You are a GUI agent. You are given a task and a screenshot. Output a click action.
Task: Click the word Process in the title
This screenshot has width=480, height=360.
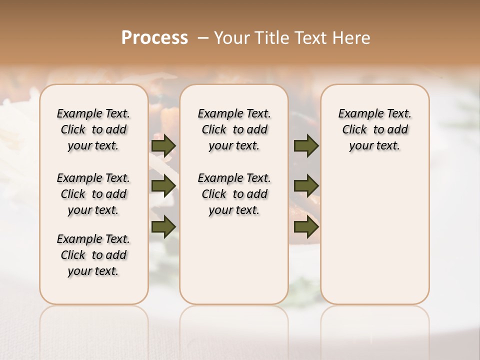pyautogui.click(x=154, y=38)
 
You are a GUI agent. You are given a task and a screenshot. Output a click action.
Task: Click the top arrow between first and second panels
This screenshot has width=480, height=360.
pyautogui.click(x=163, y=145)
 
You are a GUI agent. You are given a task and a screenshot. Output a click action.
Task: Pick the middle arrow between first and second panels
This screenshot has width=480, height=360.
pyautogui.click(x=163, y=186)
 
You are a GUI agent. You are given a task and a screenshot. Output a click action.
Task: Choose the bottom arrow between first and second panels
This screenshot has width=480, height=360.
pyautogui.click(x=163, y=226)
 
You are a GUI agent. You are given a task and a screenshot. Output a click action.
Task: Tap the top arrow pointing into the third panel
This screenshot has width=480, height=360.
pyautogui.click(x=306, y=145)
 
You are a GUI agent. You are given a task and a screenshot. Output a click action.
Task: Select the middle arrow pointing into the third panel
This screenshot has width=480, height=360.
pyautogui.click(x=306, y=186)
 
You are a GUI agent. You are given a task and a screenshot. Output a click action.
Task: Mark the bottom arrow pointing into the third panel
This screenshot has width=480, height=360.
pyautogui.click(x=306, y=226)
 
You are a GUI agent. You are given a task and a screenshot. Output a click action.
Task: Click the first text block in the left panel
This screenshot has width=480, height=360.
pyautogui.click(x=93, y=129)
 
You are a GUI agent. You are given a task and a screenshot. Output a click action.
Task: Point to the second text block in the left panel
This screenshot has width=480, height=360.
pyautogui.click(x=93, y=194)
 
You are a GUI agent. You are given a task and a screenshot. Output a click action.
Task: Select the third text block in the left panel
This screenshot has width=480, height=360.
pyautogui.click(x=93, y=255)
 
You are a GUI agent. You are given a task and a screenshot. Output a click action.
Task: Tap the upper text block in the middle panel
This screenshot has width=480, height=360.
pyautogui.click(x=234, y=129)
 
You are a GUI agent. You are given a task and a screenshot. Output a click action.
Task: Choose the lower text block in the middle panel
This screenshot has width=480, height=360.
pyautogui.click(x=234, y=194)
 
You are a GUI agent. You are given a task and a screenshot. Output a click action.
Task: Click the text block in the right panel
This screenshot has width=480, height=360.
pyautogui.click(x=375, y=129)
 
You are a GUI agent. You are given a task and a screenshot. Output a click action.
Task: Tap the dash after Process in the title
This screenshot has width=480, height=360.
pyautogui.click(x=203, y=38)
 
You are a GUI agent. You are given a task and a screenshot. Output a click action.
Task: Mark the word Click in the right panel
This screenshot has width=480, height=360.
pyautogui.click(x=354, y=130)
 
